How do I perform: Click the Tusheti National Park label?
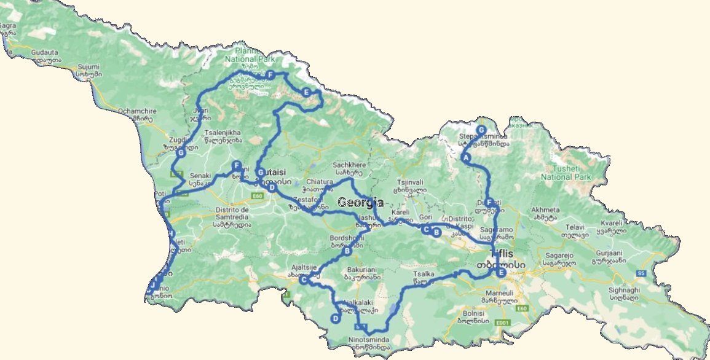click(x=566, y=172)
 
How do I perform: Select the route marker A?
click(x=465, y=157)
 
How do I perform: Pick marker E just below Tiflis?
click(x=501, y=273)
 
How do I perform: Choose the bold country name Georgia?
click(x=361, y=203)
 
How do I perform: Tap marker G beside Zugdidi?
click(x=180, y=152)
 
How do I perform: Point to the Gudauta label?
click(x=44, y=53)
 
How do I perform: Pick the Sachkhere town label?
click(x=349, y=165)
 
